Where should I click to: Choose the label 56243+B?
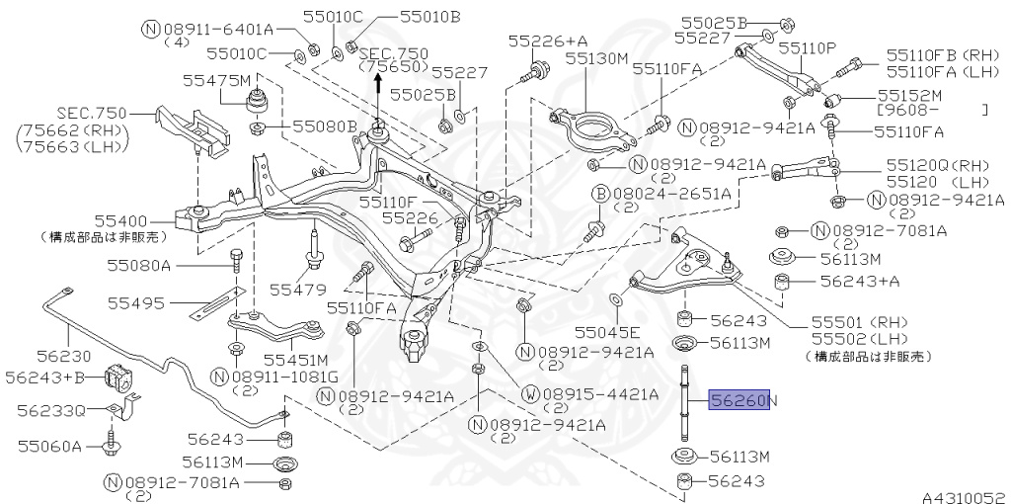44,377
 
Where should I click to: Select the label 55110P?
807,47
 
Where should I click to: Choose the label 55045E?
607,332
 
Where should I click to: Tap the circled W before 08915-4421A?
530,393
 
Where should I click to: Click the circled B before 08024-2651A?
600,195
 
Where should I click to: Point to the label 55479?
297,290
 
